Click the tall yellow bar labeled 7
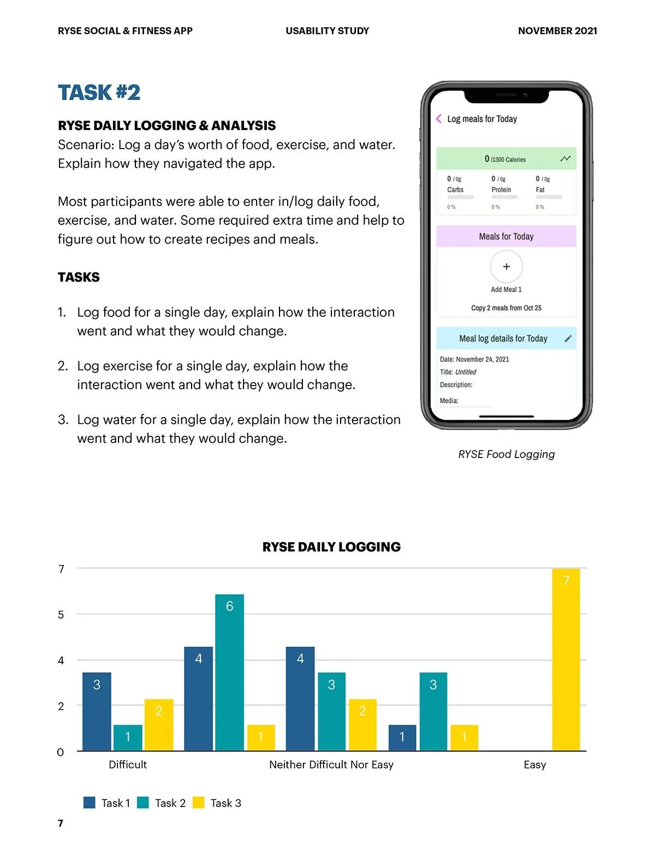click(x=566, y=659)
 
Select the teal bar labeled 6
click(x=229, y=672)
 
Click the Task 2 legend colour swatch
click(x=143, y=802)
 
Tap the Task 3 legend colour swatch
click(x=199, y=802)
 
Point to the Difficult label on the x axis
click(x=128, y=764)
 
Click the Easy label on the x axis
click(x=534, y=764)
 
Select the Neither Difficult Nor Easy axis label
click(x=331, y=764)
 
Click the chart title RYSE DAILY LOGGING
click(x=331, y=547)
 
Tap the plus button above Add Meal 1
click(x=507, y=266)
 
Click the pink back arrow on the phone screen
click(x=439, y=118)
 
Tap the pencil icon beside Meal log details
click(x=568, y=339)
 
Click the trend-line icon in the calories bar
click(x=565, y=158)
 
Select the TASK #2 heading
click(x=99, y=92)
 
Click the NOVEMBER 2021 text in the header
click(x=557, y=31)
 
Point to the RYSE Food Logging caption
click(x=507, y=454)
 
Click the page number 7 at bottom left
click(x=61, y=823)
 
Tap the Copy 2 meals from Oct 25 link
click(x=507, y=308)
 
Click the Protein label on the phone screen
click(x=501, y=189)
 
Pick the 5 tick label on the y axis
click(x=61, y=614)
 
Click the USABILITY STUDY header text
click(x=327, y=31)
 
